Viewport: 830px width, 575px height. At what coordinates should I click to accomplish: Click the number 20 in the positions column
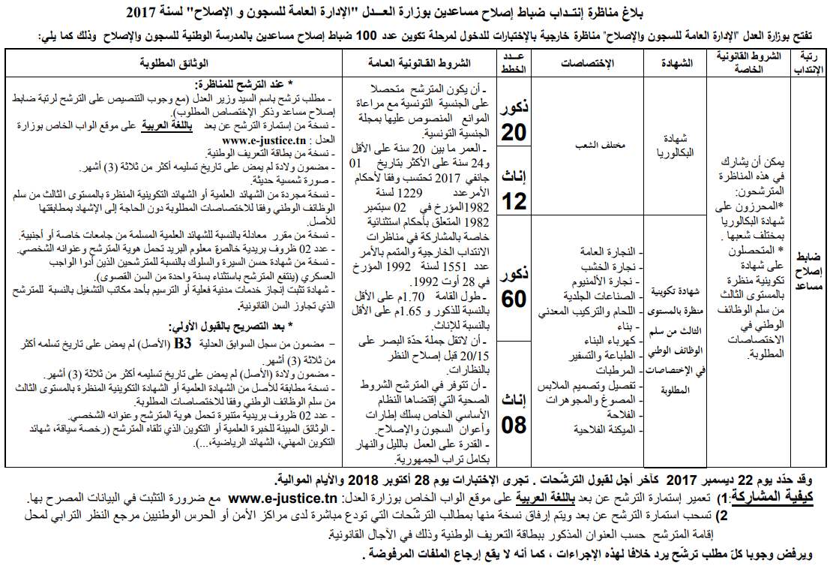coord(514,132)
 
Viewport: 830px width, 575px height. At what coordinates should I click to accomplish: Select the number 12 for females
coord(514,200)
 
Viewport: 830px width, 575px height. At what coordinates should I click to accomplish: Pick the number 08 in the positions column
coord(514,426)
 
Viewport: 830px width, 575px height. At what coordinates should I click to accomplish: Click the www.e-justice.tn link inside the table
coord(256,140)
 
